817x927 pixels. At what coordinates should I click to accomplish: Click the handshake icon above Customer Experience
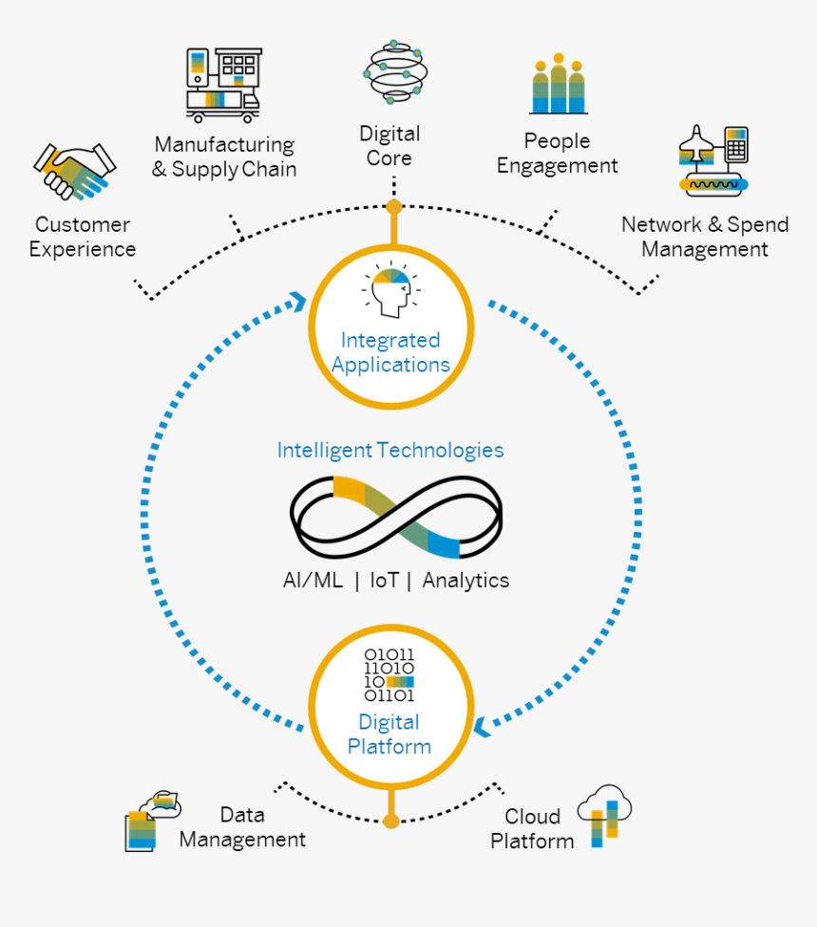(75, 172)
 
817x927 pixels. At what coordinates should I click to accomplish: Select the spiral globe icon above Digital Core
(392, 73)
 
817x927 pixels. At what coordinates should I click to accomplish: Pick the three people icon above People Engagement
(560, 85)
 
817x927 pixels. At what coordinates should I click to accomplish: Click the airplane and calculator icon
(713, 161)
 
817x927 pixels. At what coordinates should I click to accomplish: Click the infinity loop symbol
(396, 516)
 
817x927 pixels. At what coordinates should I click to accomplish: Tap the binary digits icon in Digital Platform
(390, 674)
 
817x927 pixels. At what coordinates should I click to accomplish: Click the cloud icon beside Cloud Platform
(604, 816)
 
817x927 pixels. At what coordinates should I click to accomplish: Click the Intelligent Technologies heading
(390, 450)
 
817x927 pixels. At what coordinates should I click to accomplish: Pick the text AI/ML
(313, 580)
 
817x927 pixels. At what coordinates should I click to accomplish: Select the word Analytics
(465, 580)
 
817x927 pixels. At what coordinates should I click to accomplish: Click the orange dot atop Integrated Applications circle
(393, 206)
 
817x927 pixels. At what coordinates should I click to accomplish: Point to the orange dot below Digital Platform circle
(390, 821)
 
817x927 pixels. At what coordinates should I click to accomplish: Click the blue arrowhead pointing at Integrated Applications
(297, 301)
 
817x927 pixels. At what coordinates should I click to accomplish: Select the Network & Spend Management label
(705, 237)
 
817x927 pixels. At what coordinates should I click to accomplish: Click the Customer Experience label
(83, 237)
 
